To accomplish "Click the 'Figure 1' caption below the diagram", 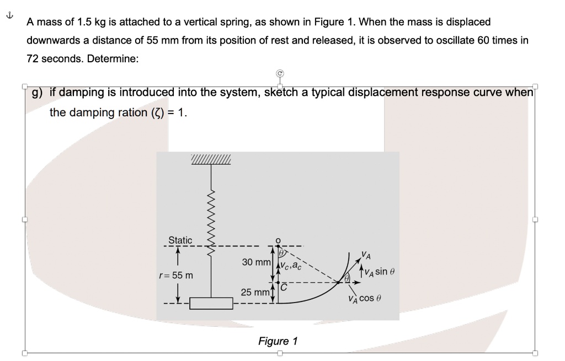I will tap(278, 341).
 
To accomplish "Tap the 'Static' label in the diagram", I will tap(180, 240).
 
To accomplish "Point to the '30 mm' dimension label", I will tap(255, 262).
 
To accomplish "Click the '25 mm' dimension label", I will tap(254, 292).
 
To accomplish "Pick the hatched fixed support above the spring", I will tap(210, 160).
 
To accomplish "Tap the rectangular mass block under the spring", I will tap(210, 304).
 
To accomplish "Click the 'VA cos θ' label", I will tap(365, 299).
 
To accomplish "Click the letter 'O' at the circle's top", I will tap(279, 240).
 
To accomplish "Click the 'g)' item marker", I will tap(39, 92).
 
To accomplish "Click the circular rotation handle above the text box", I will tap(279, 72).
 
